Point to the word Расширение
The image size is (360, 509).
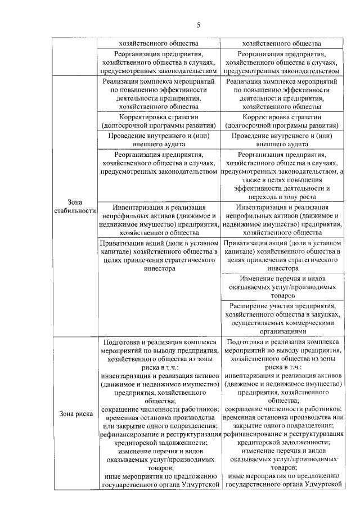[251, 307]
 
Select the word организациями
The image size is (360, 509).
[281, 332]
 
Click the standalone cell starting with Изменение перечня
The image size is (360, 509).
[281, 286]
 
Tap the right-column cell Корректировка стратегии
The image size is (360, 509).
[281, 121]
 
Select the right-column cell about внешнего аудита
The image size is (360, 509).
[281, 139]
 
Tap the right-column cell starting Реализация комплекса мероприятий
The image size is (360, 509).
[281, 93]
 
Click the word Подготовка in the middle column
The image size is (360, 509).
[123, 341]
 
